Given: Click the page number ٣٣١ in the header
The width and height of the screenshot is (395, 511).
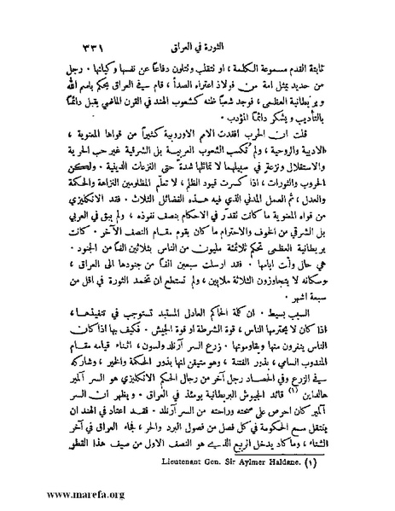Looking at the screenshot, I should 302,19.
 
